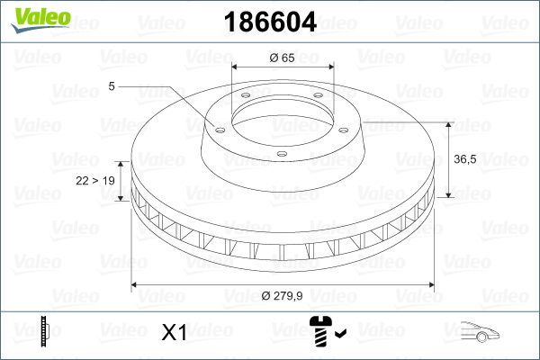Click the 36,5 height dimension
click(463, 158)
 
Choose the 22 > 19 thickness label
click(95, 181)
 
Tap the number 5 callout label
click(111, 86)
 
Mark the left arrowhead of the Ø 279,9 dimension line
click(136, 285)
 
